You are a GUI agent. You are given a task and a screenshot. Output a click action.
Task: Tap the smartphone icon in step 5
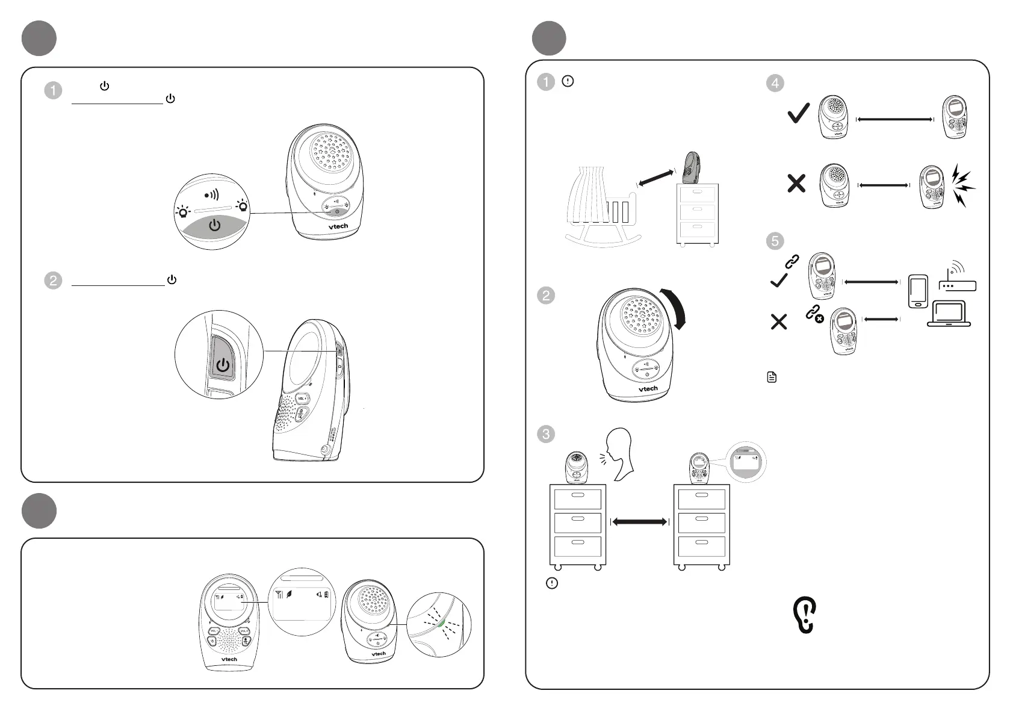917,291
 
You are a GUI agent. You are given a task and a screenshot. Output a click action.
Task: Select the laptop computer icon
949,314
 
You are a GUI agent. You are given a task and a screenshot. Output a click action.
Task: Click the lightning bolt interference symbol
962,185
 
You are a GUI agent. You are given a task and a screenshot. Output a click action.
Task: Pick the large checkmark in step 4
798,113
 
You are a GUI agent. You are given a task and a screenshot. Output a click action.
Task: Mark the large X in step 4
796,183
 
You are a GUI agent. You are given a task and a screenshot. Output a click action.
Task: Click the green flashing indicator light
443,623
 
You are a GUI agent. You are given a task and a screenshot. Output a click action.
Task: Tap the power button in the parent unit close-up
223,365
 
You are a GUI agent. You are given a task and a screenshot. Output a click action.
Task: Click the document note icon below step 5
772,377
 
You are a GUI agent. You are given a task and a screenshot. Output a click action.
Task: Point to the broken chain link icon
814,314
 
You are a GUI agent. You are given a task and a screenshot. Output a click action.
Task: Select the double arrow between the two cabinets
639,522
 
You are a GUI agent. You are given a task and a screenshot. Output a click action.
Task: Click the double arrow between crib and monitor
655,178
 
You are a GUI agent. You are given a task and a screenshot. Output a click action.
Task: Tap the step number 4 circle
775,83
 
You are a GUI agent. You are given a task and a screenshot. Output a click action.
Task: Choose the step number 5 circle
775,241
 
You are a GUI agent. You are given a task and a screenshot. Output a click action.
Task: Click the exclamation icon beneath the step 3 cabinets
551,583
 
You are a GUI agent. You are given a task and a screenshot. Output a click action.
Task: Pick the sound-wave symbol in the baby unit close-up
211,195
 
